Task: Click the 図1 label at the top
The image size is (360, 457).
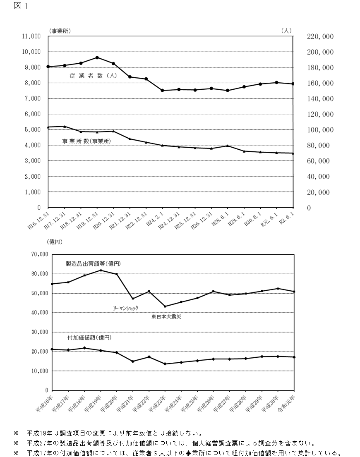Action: coord(20,6)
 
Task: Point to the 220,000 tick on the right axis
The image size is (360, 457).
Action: coord(320,36)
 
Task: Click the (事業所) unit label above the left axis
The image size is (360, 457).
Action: coord(60,31)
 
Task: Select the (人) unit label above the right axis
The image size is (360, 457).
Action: coord(286,31)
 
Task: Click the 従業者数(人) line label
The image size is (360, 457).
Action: coord(93,76)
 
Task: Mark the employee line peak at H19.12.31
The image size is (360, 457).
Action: coord(97,57)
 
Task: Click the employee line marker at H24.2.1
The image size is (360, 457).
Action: coord(162,90)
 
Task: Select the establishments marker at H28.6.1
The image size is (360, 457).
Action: coord(228,146)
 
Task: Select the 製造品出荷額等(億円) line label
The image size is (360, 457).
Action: coord(93,263)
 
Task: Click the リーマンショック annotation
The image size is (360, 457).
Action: coord(126,308)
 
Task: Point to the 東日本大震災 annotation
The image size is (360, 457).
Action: coord(166,317)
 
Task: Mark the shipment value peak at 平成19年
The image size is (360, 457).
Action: coord(101,270)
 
